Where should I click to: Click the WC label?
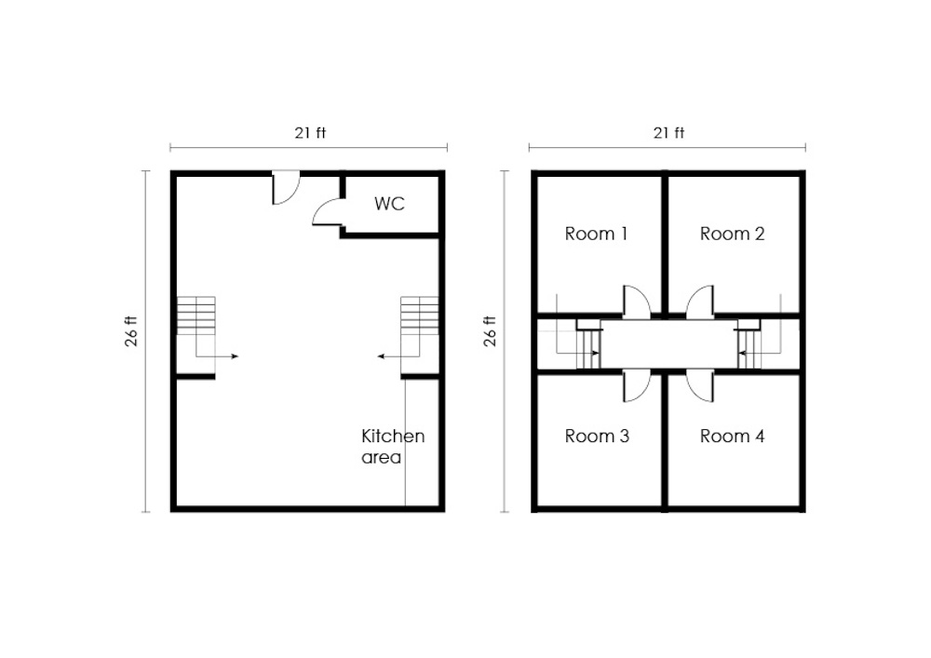pyautogui.click(x=389, y=204)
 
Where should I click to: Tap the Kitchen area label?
pyautogui.click(x=393, y=447)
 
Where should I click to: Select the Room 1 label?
pyautogui.click(x=596, y=234)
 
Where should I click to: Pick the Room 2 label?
pyautogui.click(x=732, y=234)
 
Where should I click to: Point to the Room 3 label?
pyautogui.click(x=597, y=436)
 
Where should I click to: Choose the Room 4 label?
pyautogui.click(x=732, y=436)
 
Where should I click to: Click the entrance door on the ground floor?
pyautogui.click(x=286, y=187)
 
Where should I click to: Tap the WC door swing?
pyautogui.click(x=328, y=212)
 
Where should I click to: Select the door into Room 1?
pyautogui.click(x=637, y=301)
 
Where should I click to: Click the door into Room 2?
pyautogui.click(x=700, y=301)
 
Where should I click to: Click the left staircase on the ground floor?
pyautogui.click(x=196, y=335)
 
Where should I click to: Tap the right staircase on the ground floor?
pyautogui.click(x=420, y=335)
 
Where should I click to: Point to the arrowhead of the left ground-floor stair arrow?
pyautogui.click(x=236, y=356)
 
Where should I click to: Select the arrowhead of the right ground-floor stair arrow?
pyautogui.click(x=381, y=356)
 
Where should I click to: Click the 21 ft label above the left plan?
pyautogui.click(x=310, y=133)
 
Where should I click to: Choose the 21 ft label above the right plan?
pyautogui.click(x=668, y=133)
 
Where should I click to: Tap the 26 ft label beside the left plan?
pyautogui.click(x=131, y=331)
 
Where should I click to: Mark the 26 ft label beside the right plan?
pyautogui.click(x=490, y=331)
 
